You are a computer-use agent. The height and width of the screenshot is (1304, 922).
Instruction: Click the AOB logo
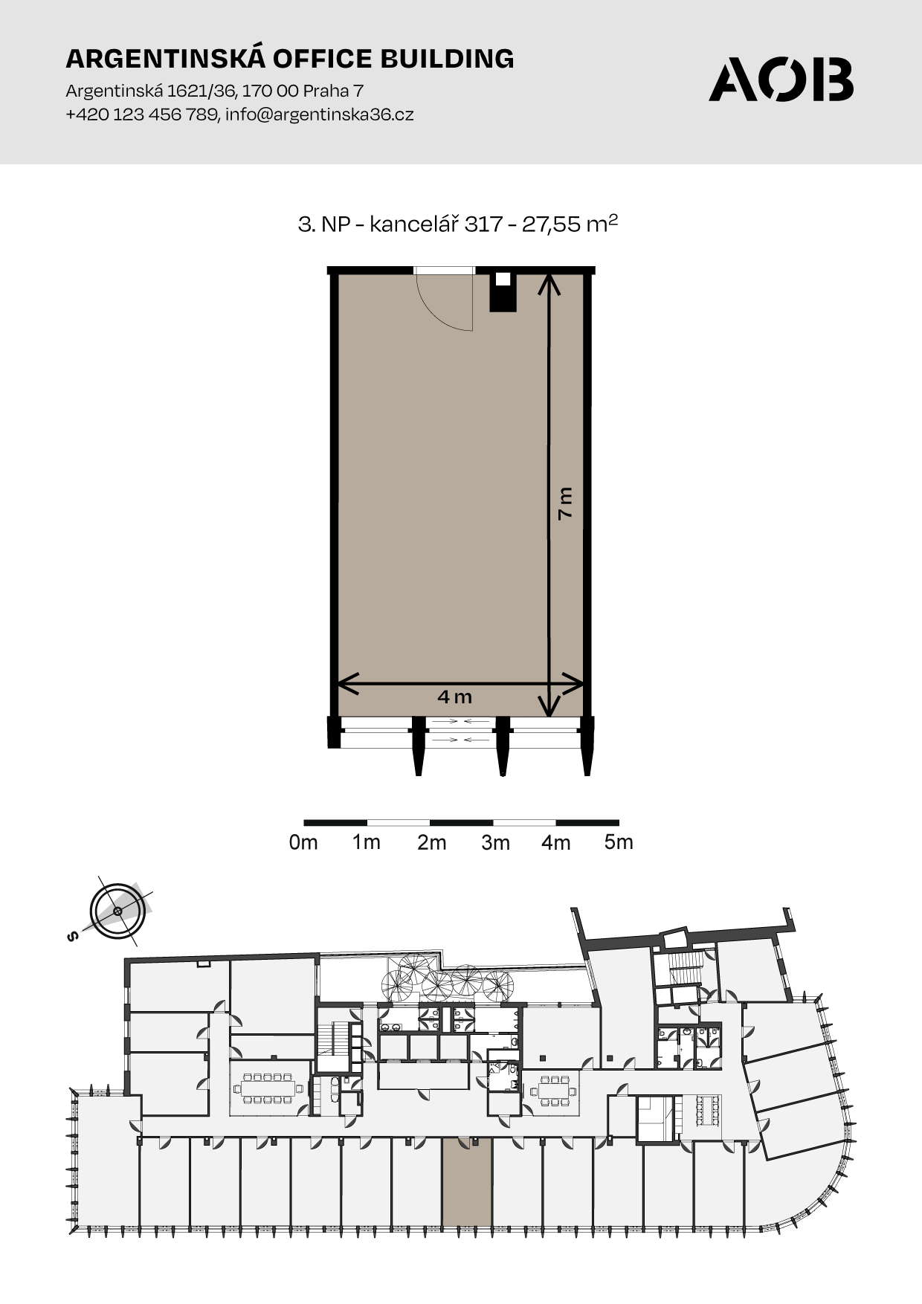click(781, 79)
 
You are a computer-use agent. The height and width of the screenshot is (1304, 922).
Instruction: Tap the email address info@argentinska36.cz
click(319, 114)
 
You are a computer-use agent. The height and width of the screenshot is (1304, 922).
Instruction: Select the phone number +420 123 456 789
click(141, 114)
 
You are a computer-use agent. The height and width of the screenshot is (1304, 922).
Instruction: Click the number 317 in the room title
click(483, 224)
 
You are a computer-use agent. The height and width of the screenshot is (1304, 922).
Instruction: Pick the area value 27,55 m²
click(570, 223)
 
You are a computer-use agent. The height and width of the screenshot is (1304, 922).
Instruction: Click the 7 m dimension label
click(566, 503)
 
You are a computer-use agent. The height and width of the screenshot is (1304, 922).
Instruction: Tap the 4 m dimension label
click(455, 697)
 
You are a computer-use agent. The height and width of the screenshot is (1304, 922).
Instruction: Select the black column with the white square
click(503, 291)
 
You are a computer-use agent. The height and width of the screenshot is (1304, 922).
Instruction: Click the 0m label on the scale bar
click(303, 842)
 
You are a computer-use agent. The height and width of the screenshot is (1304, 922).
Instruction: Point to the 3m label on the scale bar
click(495, 842)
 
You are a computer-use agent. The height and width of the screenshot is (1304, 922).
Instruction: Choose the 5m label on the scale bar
click(619, 842)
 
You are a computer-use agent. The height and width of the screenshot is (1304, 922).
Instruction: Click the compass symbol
click(117, 911)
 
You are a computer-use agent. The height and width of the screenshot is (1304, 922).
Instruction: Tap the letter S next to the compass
click(72, 936)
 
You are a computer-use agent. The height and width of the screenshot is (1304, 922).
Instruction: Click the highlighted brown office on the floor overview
click(467, 1182)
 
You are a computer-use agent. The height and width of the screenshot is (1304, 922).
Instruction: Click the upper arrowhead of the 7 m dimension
click(549, 283)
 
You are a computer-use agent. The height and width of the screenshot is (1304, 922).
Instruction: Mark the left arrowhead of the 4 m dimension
click(348, 684)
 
